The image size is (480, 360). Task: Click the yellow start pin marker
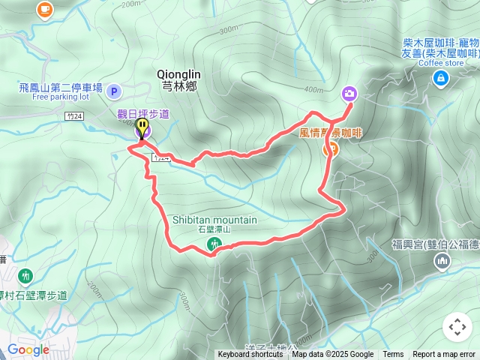coord(142,128)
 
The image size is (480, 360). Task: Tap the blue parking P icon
coord(113,91)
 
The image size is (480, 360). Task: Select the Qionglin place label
coord(178,74)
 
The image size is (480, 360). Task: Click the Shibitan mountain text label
coord(214,220)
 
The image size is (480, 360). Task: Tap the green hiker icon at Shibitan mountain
coord(214,243)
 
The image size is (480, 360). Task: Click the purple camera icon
coord(349,94)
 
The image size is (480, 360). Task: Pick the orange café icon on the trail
coord(329,148)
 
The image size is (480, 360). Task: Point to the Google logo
coord(28,349)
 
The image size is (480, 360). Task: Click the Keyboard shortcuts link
coord(250,355)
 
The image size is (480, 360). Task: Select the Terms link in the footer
coord(393,355)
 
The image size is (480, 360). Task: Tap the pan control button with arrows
coord(457,327)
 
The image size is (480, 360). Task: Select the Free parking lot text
coord(61,97)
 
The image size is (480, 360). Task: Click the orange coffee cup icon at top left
coord(45,9)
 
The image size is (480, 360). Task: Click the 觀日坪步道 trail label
coord(143,113)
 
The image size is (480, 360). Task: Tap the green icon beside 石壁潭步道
coord(26,275)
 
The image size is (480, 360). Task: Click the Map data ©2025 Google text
coord(332,355)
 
